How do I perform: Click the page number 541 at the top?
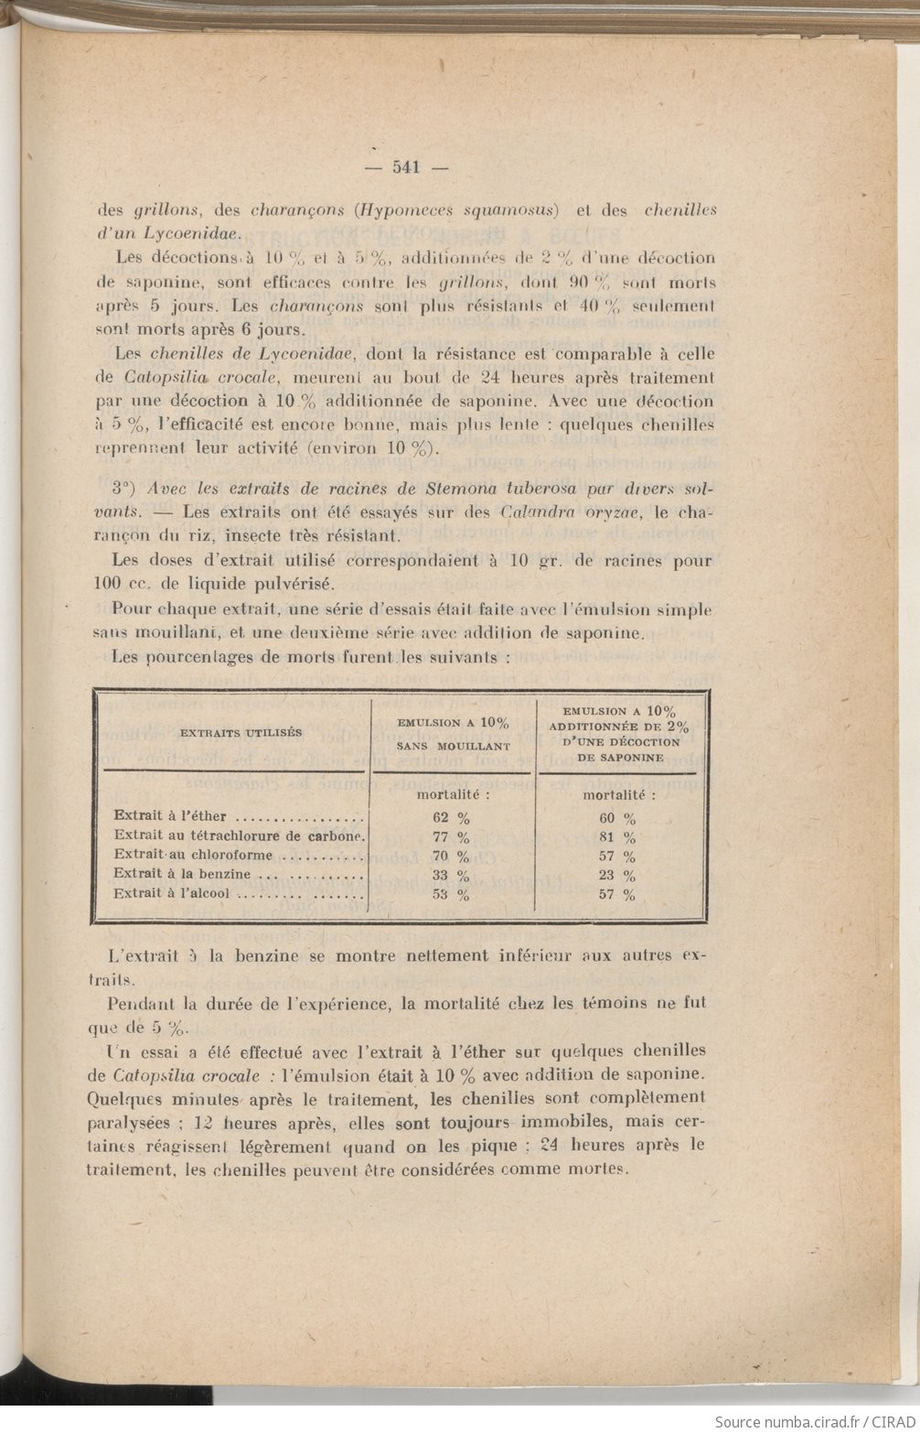[x=405, y=167]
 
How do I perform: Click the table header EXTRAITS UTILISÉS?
[x=241, y=732]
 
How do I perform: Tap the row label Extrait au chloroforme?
[x=197, y=855]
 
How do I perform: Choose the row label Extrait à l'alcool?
[x=173, y=893]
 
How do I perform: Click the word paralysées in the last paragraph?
[x=135, y=1122]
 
